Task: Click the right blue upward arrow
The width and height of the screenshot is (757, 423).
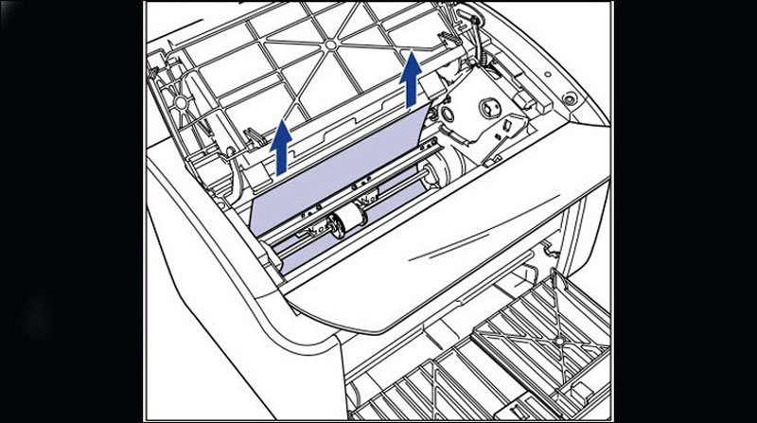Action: [411, 80]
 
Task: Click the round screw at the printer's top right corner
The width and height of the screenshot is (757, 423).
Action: [570, 97]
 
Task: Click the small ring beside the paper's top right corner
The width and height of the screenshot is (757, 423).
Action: [444, 111]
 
